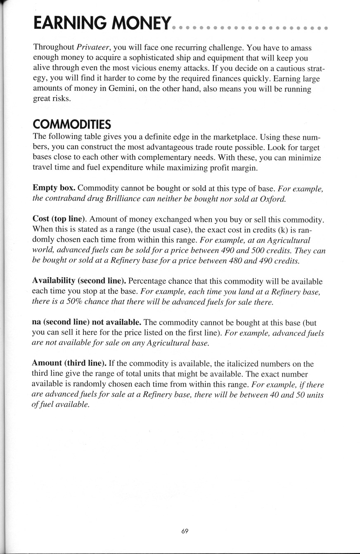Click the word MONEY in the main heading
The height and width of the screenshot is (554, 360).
click(x=140, y=23)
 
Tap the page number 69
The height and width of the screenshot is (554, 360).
click(x=185, y=531)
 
